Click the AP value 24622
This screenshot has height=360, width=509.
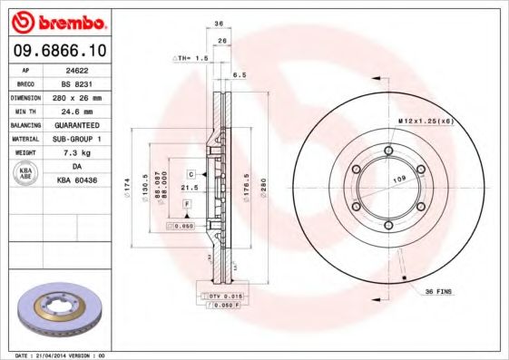[x=79, y=68]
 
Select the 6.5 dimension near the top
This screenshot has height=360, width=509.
[x=239, y=75]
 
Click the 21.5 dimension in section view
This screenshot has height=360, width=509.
[x=190, y=187]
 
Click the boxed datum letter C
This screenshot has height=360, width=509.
[x=192, y=172]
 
